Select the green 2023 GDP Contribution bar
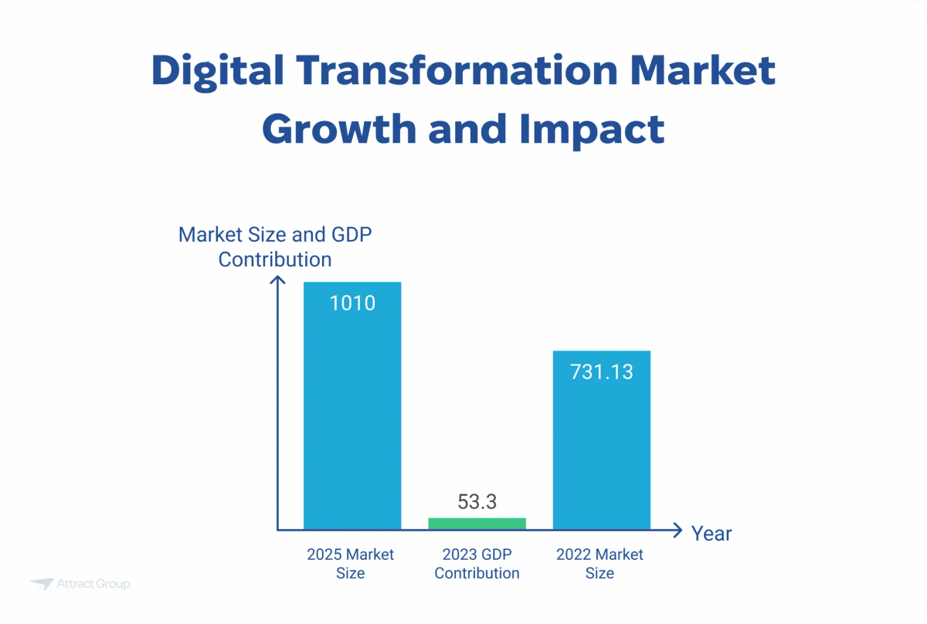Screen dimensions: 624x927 (477, 524)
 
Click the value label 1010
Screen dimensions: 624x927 (352, 303)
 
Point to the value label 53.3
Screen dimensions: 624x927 (477, 502)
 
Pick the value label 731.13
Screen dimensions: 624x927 (601, 371)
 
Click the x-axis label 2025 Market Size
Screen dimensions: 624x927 (351, 564)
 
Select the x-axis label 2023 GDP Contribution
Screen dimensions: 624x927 (477, 564)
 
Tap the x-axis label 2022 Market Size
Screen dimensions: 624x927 (600, 564)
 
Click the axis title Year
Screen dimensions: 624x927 (711, 534)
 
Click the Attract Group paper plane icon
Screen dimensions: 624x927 (42, 584)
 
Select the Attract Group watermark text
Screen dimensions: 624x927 (93, 584)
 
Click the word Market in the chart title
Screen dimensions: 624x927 (704, 71)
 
